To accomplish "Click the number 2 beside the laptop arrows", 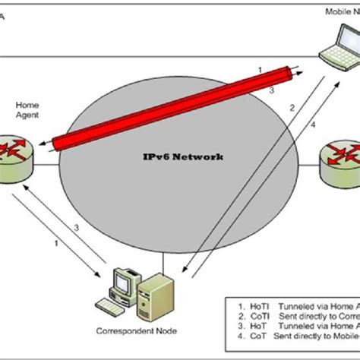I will [291, 108].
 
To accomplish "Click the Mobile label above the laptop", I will [338, 11].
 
